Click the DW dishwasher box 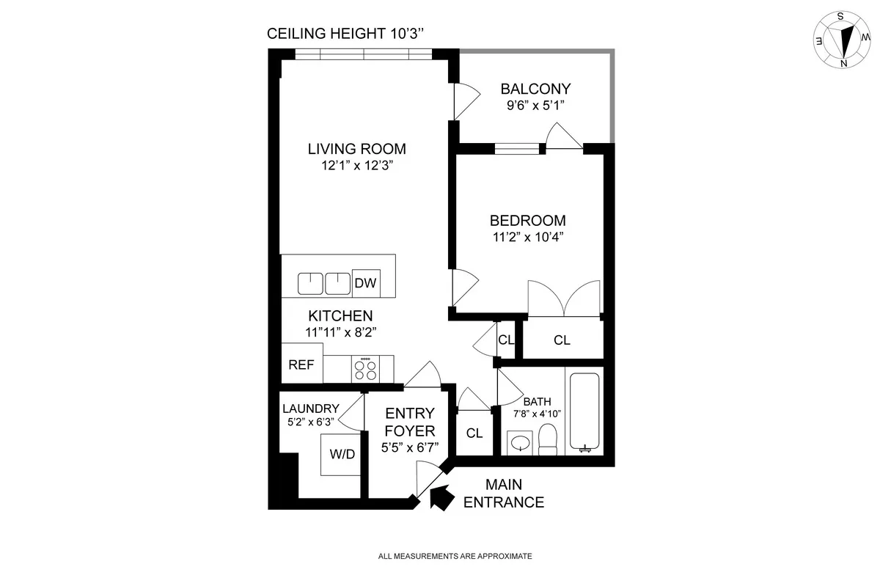tap(365, 283)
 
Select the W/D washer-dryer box tap(342, 455)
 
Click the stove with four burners tap(365, 369)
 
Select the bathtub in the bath tap(584, 413)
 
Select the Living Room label tap(356, 149)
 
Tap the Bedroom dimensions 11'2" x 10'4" tap(528, 237)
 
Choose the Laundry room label tap(311, 409)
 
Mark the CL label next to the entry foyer tap(474, 433)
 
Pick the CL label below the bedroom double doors tap(562, 340)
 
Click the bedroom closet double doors tap(564, 299)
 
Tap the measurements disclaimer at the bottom tap(455, 557)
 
